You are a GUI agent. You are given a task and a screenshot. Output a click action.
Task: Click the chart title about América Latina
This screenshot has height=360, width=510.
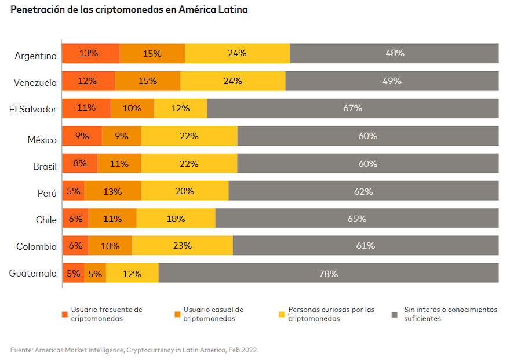pyautogui.click(x=129, y=10)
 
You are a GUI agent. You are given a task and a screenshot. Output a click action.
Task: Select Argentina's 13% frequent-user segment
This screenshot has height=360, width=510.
pyautogui.click(x=90, y=53)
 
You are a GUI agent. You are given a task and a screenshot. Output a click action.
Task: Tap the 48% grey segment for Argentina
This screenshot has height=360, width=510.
pyautogui.click(x=394, y=53)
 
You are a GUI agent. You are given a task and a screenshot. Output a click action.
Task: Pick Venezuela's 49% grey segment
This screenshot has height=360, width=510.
pyautogui.click(x=392, y=81)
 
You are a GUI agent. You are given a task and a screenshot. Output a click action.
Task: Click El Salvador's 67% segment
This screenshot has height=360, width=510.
pyautogui.click(x=352, y=108)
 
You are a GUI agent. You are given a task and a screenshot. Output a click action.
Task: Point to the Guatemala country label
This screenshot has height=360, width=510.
pyautogui.click(x=33, y=273)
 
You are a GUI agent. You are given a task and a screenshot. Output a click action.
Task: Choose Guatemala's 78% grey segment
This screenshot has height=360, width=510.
pyautogui.click(x=329, y=274)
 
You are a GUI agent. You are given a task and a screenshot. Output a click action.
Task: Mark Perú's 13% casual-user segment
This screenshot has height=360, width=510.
pyautogui.click(x=112, y=191)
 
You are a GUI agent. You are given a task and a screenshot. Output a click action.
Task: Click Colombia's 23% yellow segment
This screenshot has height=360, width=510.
pyautogui.click(x=182, y=245)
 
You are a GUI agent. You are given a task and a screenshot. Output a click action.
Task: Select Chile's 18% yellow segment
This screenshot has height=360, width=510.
pyautogui.click(x=176, y=219)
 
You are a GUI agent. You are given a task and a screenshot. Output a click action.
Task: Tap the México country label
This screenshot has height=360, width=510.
pyautogui.click(x=42, y=140)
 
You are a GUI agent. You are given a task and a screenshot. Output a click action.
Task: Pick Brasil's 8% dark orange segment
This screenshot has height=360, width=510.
pyautogui.click(x=80, y=163)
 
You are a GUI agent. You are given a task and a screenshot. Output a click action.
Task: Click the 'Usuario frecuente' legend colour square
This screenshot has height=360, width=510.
pyautogui.click(x=65, y=314)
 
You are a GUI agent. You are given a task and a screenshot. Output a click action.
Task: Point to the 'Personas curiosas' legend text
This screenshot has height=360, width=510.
pyautogui.click(x=331, y=314)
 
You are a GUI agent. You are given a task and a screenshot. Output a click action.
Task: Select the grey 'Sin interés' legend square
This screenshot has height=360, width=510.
pyautogui.click(x=395, y=314)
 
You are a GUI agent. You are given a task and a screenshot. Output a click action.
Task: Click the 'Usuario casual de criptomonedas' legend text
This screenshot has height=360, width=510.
pyautogui.click(x=213, y=314)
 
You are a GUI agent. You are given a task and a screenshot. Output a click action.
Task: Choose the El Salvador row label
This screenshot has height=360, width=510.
pyautogui.click(x=33, y=109)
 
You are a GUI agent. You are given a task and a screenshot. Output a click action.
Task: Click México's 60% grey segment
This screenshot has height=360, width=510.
pyautogui.click(x=367, y=136)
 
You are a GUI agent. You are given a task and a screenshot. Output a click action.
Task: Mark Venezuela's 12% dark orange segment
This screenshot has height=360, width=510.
pyautogui.click(x=88, y=81)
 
